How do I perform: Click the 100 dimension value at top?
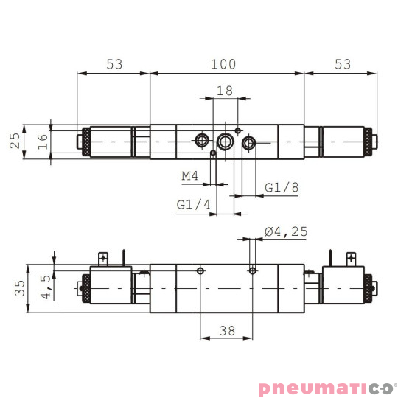223,64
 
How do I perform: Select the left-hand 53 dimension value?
114,64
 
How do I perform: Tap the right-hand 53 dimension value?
342,64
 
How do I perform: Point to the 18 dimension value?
224,91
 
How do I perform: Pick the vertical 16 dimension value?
43,140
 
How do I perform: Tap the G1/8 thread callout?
282,188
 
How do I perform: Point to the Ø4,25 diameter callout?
285,232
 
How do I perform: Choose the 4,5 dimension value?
46,287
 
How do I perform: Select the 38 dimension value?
226,331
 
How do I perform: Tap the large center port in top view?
225,141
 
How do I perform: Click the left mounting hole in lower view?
200,272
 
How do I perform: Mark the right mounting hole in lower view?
253,272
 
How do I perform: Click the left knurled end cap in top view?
85,141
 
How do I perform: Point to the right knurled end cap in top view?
366,141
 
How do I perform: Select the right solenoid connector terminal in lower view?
351,258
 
